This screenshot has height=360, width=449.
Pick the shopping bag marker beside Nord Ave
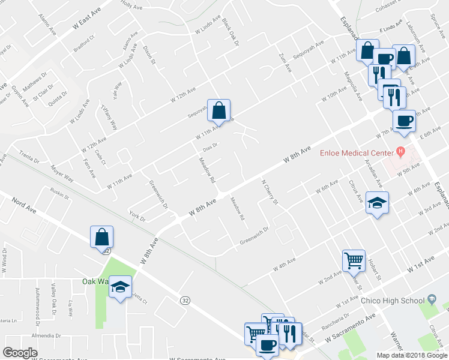pos(102,237)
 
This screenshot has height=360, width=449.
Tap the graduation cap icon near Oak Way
pos(121,287)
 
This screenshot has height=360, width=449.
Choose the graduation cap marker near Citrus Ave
pos(378,203)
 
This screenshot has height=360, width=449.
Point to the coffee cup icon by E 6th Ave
pos(404,120)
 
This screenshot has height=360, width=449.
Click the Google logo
pos(20,353)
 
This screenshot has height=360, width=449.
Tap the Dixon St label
pos(149,54)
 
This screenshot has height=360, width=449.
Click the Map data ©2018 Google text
pos(411,355)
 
